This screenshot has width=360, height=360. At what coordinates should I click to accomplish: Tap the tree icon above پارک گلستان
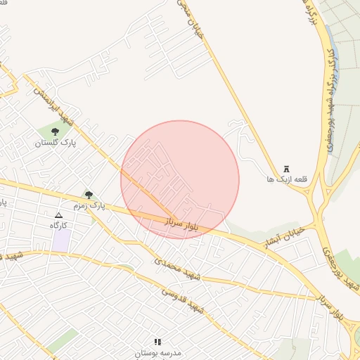[x=55, y=131]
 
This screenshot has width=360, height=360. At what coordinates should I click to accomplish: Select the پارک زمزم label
[x=87, y=205]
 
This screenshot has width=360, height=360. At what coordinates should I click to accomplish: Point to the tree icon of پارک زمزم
[x=89, y=195]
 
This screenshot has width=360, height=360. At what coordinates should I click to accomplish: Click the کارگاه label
[x=58, y=225]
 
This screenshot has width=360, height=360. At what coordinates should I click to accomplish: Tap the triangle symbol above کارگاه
[x=58, y=215]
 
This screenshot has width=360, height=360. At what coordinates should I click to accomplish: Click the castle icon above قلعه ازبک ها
[x=286, y=169]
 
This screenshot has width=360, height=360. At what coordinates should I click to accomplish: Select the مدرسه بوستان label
[x=157, y=352]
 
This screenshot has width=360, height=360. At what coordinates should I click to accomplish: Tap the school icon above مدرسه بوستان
[x=157, y=342]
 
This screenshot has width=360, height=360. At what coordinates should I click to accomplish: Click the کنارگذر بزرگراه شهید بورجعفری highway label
[x=331, y=77]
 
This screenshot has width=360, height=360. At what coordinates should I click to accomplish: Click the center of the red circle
[x=180, y=179]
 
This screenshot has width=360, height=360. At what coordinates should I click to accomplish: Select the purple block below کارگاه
[x=61, y=241]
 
